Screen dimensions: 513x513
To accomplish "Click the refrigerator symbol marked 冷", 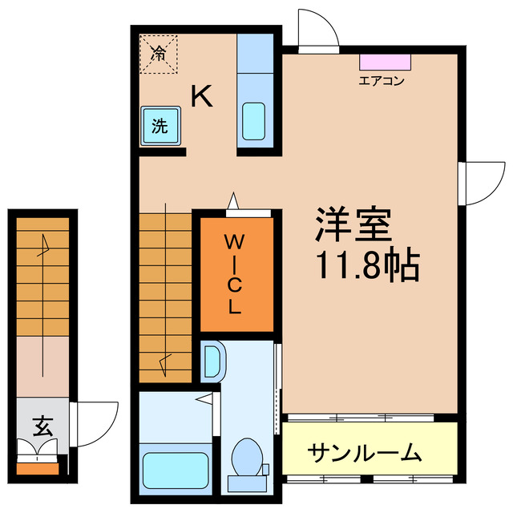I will click(159, 55).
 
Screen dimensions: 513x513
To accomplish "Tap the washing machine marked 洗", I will click(161, 126).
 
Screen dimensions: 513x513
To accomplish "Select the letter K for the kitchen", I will click(201, 97).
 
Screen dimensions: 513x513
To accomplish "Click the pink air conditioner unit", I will click(386, 62).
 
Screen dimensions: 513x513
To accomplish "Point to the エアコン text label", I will click(381, 80).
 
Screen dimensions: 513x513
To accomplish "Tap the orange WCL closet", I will click(236, 273).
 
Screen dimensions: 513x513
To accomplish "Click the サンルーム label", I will click(365, 453).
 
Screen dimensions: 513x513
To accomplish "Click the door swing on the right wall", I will click(484, 183).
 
